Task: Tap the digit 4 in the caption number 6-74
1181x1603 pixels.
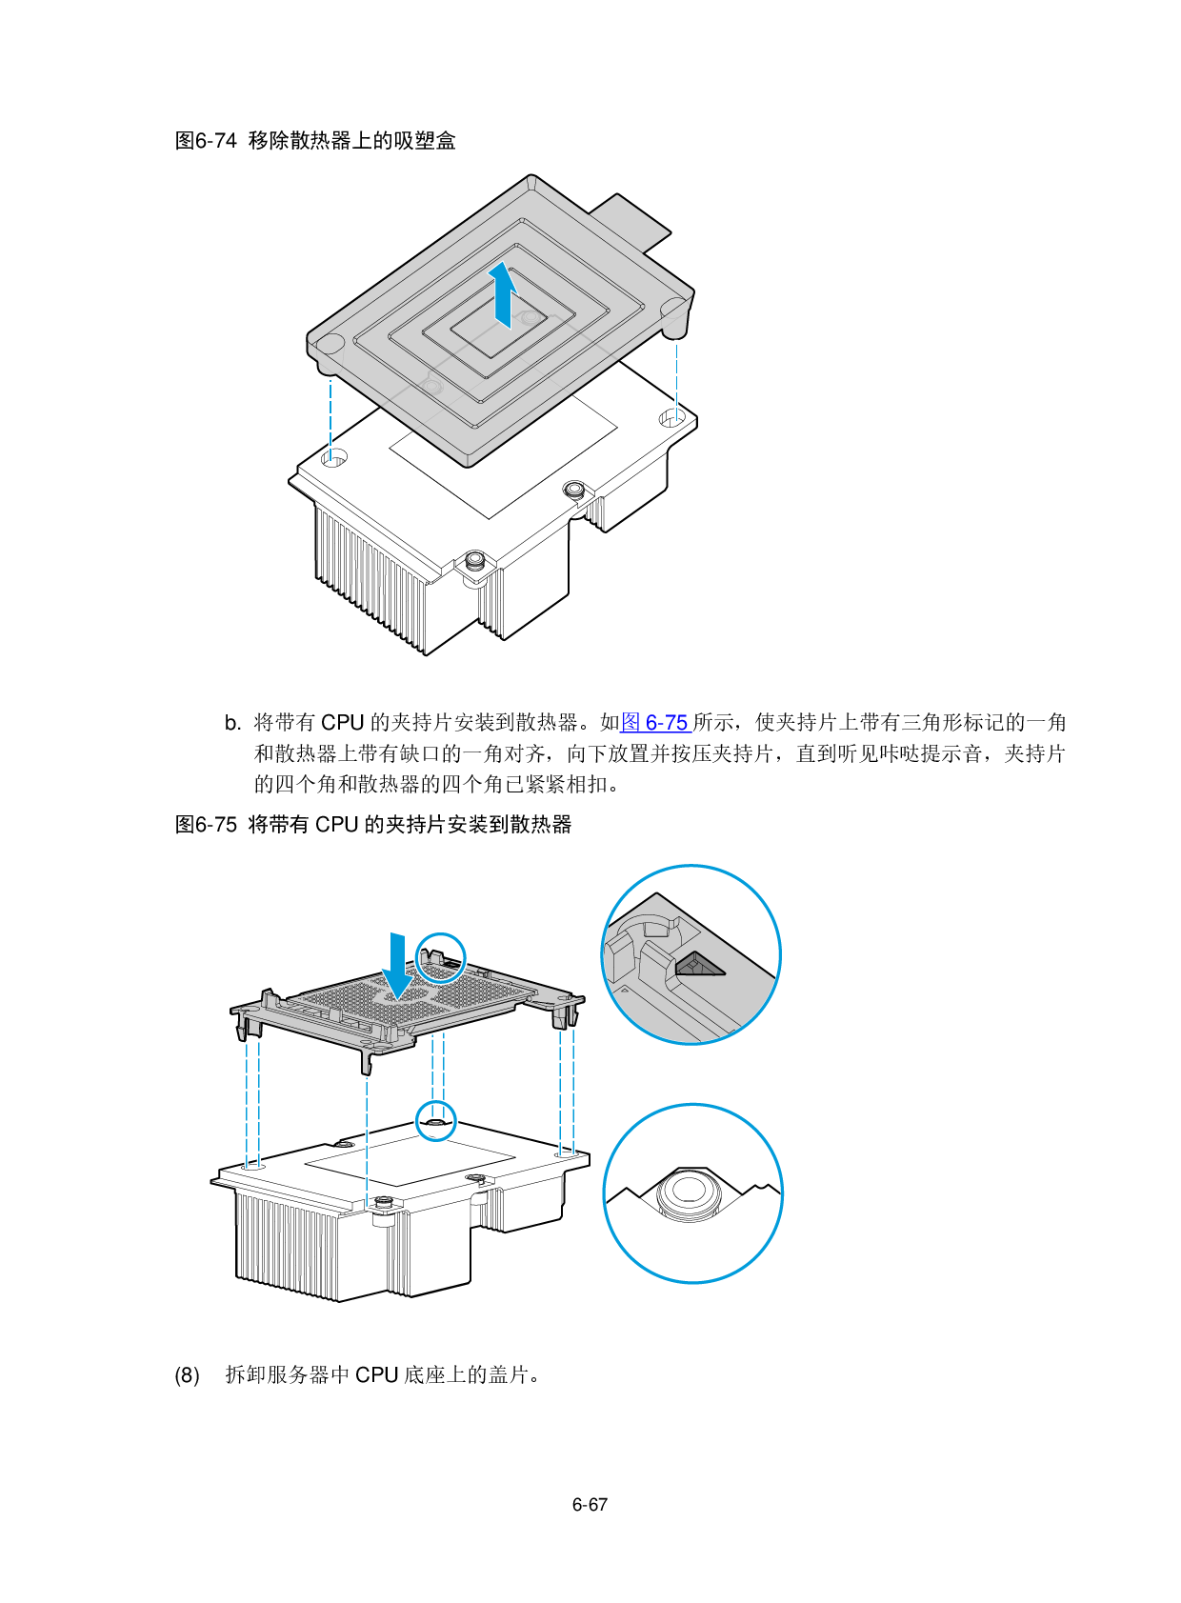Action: click(x=230, y=141)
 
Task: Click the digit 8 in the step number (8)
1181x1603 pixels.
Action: click(x=187, y=1375)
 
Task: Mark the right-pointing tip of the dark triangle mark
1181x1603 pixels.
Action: click(x=725, y=974)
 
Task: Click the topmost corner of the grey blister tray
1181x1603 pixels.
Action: click(x=530, y=174)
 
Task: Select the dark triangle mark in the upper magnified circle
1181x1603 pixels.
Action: click(x=699, y=965)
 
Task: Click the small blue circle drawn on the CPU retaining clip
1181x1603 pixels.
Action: click(x=441, y=958)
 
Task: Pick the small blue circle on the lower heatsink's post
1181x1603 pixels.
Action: click(x=436, y=1121)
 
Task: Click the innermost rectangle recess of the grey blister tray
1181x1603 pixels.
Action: click(x=500, y=334)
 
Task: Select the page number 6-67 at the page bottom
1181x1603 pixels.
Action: click(x=590, y=1505)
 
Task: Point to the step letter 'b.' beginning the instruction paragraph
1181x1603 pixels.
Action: click(x=232, y=724)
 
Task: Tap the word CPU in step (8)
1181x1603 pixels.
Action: click(x=376, y=1375)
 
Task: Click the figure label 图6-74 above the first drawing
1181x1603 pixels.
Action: click(x=206, y=141)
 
